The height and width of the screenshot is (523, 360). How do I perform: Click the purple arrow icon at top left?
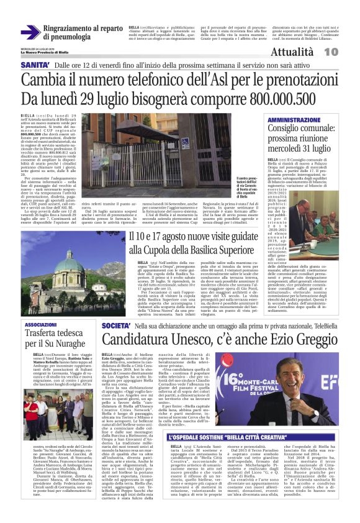pos(29,31)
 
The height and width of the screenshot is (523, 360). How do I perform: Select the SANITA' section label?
pos(34,65)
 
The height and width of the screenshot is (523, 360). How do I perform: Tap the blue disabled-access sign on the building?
pos(185,142)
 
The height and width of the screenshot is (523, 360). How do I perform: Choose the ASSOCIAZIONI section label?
pos(40,325)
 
